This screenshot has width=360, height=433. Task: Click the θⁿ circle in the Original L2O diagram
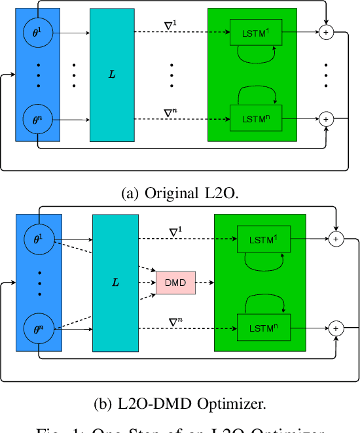37,120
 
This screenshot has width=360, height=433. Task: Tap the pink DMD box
175,283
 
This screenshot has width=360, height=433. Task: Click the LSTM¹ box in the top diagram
251,31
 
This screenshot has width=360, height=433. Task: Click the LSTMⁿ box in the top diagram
251,119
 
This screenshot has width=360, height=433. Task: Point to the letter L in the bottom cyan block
115,283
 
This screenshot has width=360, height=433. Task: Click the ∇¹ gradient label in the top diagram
170,26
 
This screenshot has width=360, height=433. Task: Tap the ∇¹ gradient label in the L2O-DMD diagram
176,232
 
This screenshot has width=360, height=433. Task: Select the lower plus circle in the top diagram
325,119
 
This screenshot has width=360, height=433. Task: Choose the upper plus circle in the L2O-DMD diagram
335,239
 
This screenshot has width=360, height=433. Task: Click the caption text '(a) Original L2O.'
179,194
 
